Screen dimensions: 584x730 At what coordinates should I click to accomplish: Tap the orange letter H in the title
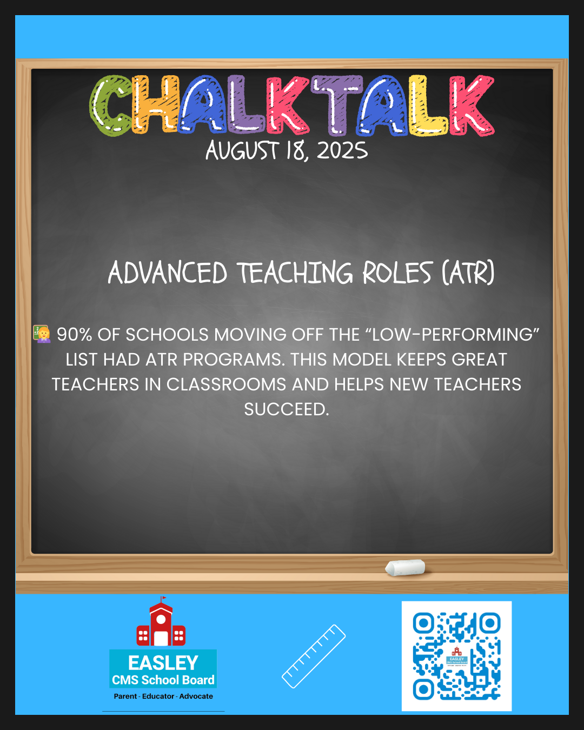[155, 104]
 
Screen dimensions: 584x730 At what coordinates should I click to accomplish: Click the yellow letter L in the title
[428, 105]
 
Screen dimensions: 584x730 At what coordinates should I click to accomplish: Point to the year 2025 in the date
[342, 151]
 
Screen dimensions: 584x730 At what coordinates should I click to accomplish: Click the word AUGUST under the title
[242, 151]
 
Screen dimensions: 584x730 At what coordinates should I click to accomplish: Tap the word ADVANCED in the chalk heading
[167, 273]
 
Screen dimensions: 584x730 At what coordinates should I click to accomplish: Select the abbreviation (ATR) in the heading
[468, 273]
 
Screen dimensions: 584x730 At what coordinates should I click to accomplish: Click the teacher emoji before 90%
[42, 334]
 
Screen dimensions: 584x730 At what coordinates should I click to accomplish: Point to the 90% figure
[74, 335]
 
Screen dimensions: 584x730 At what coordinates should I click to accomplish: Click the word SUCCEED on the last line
[287, 409]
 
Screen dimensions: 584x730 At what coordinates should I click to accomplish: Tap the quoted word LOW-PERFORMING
[453, 335]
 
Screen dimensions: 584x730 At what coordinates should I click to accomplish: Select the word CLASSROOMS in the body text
[226, 384]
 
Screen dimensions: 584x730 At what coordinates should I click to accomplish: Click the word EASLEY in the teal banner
[163, 663]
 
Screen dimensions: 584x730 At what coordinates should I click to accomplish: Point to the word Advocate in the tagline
[196, 696]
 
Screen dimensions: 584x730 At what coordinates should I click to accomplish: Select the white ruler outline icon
[314, 656]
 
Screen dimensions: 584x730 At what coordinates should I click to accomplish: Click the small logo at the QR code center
[457, 656]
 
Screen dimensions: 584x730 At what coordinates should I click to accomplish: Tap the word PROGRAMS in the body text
[234, 360]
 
